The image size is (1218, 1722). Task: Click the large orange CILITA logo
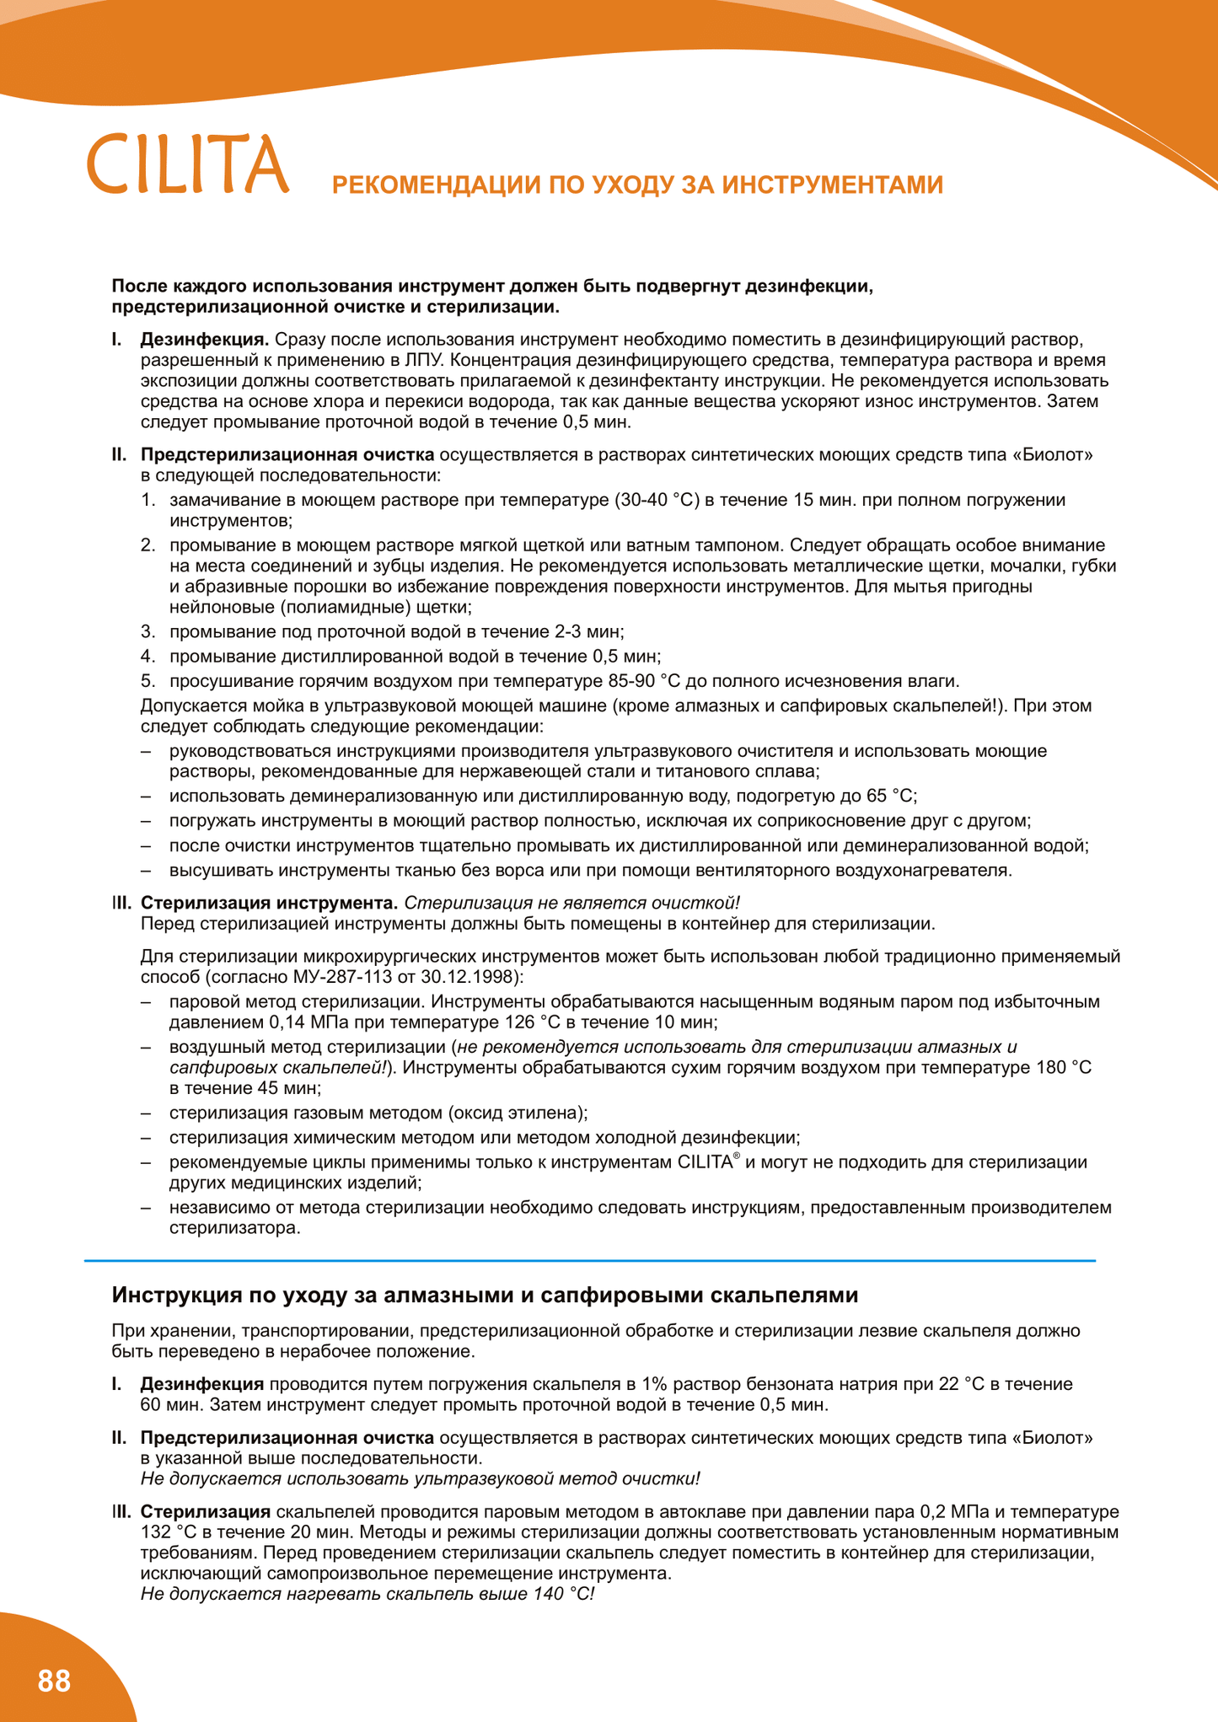point(188,164)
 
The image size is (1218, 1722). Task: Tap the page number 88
point(55,1681)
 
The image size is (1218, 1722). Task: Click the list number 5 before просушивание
point(148,681)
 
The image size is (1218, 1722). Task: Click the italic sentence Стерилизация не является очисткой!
point(571,903)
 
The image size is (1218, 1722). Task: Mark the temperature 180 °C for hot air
point(1062,1068)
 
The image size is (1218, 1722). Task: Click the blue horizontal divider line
point(590,1261)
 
